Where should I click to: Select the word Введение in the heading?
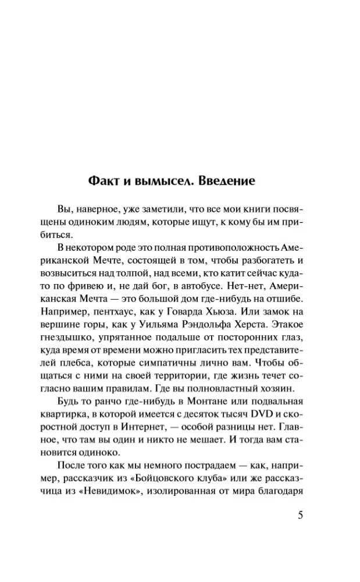click(231, 180)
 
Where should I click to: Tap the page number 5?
click(300, 514)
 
